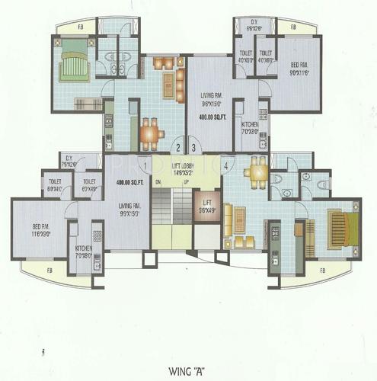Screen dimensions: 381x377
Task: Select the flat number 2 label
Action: pos(177,148)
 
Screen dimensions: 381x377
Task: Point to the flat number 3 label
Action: pos(194,148)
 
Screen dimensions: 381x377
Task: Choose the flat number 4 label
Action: pos(227,163)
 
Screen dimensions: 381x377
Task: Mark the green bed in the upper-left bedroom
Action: pos(73,62)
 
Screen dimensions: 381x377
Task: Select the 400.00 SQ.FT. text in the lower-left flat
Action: pos(129,183)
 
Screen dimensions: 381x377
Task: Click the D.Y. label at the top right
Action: pos(256,27)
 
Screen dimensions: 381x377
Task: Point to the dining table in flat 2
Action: pos(149,130)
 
